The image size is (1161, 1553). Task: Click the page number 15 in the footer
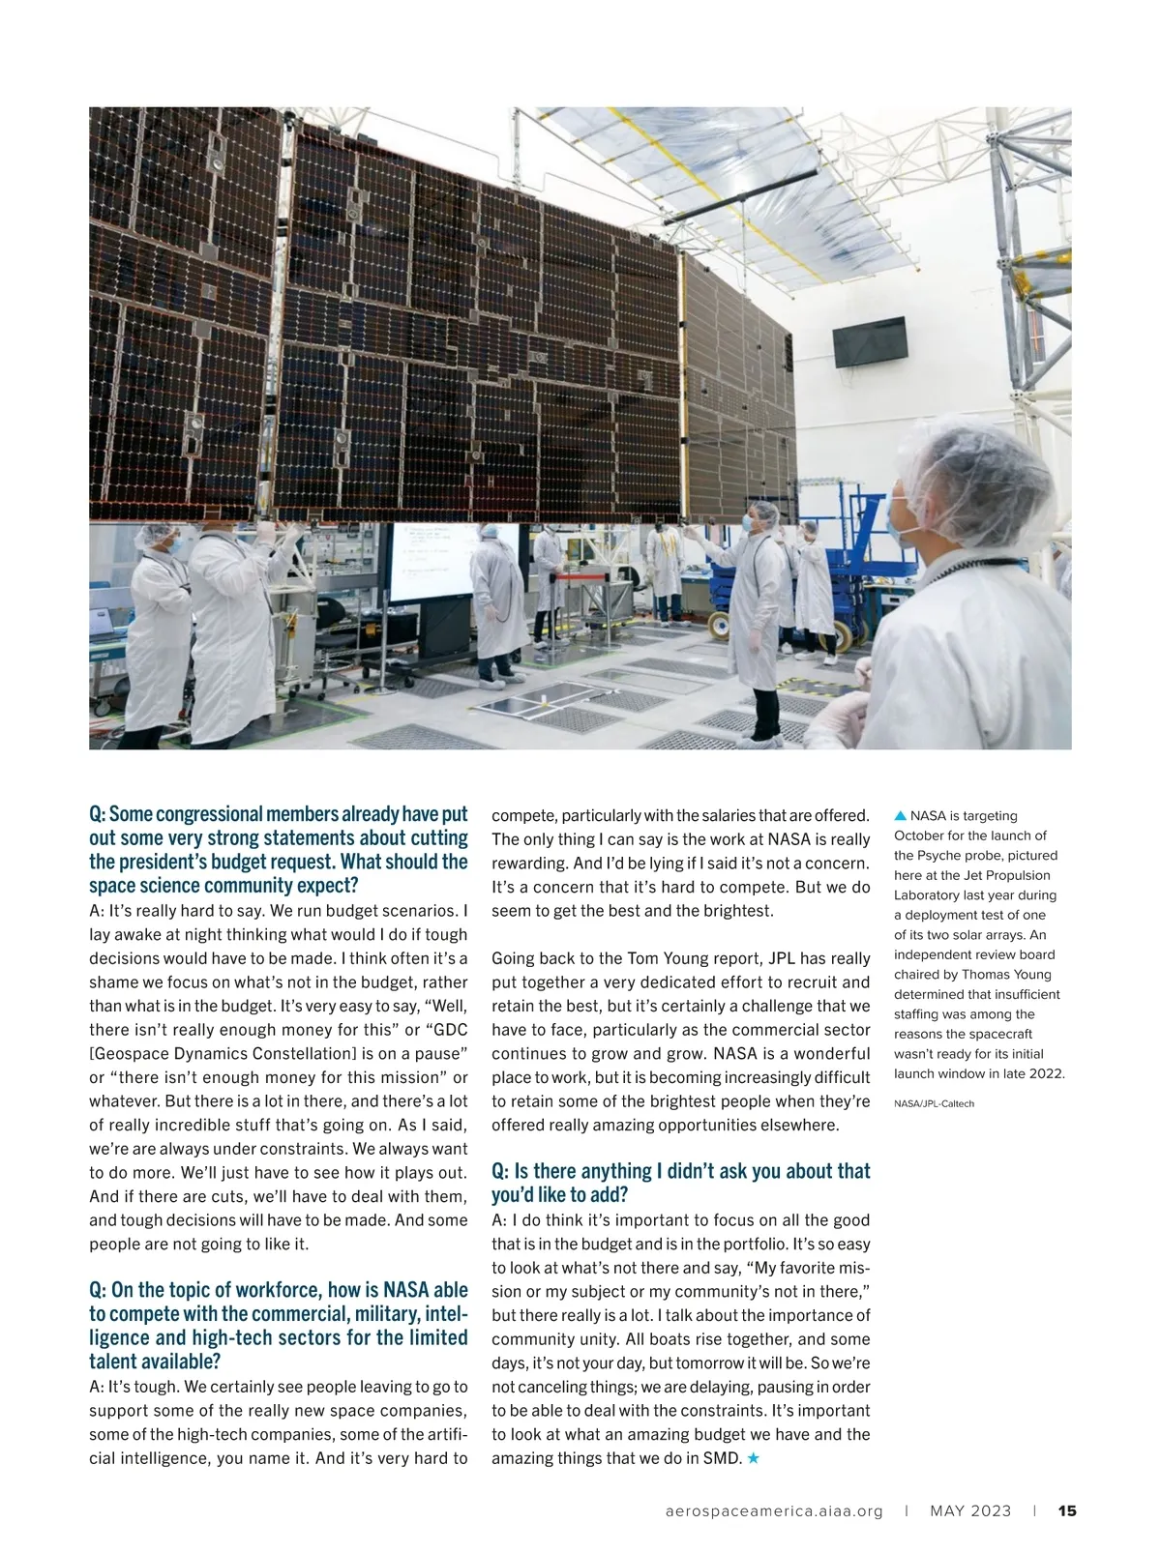[1067, 1511]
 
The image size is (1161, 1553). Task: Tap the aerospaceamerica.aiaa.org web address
[774, 1511]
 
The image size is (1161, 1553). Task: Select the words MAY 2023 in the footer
[970, 1511]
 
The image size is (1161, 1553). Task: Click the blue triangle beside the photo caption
[900, 815]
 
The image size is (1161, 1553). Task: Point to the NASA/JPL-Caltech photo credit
[934, 1103]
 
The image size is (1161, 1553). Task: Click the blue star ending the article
[754, 1458]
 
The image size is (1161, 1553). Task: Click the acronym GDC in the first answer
[448, 1030]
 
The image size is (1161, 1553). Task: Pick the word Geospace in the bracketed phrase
[128, 1053]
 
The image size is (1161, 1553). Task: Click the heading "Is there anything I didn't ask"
[681, 1171]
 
